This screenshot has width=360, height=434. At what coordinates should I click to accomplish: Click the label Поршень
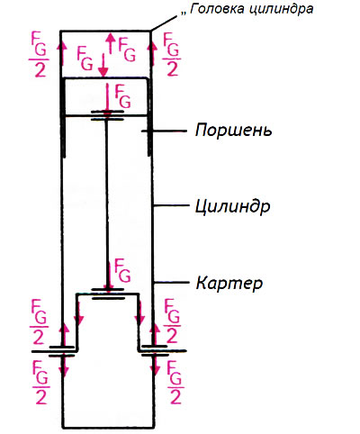coord(234,131)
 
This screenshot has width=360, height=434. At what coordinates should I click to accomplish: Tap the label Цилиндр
coord(233,206)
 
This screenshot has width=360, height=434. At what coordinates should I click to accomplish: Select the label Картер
coord(229,283)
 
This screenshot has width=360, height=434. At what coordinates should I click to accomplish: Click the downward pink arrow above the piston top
coord(103,65)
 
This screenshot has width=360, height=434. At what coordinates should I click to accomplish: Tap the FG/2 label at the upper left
coord(39,55)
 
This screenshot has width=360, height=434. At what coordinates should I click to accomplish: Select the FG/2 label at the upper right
coord(172,55)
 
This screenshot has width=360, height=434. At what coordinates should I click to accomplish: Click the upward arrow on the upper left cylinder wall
coord(62,53)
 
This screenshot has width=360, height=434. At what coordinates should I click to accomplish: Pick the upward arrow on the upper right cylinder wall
coord(152,53)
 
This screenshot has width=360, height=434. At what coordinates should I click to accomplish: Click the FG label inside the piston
coord(122,96)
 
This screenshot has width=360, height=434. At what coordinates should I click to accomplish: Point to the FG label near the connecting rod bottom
coord(122,270)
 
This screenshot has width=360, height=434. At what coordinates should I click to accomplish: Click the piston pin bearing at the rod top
coord(107,115)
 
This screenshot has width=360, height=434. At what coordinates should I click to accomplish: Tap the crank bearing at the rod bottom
coord(108,294)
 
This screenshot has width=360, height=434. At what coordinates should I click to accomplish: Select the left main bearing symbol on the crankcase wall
coord(61,351)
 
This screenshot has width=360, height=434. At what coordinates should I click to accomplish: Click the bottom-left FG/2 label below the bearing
coord(40,382)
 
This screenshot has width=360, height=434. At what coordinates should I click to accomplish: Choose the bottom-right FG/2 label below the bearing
coord(175,382)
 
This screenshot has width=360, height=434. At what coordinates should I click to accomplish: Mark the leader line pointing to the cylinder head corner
coord(165,23)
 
